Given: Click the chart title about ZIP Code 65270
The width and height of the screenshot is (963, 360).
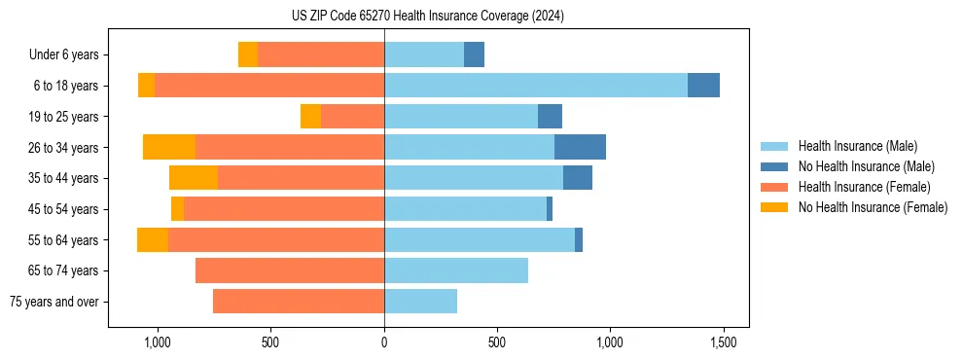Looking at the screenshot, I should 427,17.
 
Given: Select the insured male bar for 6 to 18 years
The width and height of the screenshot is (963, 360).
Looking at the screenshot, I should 536,86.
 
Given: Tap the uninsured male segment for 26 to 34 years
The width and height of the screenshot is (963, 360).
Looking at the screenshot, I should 580,147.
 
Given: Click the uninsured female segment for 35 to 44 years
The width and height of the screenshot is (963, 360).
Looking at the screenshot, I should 193,178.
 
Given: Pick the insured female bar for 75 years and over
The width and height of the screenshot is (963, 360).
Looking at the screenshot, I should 299,302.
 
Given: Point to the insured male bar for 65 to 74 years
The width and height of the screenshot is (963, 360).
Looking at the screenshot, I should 456,270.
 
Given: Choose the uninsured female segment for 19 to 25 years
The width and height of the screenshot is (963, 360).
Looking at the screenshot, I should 310,117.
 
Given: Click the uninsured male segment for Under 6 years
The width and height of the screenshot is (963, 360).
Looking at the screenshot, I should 474,55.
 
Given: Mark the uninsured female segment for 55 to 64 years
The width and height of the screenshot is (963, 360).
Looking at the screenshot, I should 153,239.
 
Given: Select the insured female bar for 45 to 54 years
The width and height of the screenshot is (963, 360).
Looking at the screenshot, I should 284,209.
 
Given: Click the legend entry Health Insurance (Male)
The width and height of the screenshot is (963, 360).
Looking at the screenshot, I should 857,146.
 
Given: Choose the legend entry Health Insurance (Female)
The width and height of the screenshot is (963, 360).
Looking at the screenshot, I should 864,187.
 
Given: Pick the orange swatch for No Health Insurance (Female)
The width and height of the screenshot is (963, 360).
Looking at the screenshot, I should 774,207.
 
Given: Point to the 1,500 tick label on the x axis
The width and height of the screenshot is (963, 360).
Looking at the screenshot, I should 723,343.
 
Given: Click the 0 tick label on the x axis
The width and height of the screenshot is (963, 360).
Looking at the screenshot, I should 384,343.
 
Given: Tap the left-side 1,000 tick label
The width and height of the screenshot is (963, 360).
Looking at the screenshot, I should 158,343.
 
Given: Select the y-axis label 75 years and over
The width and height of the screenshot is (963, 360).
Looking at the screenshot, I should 54,302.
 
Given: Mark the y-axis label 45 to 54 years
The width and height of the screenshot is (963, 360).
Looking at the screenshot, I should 63,209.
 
